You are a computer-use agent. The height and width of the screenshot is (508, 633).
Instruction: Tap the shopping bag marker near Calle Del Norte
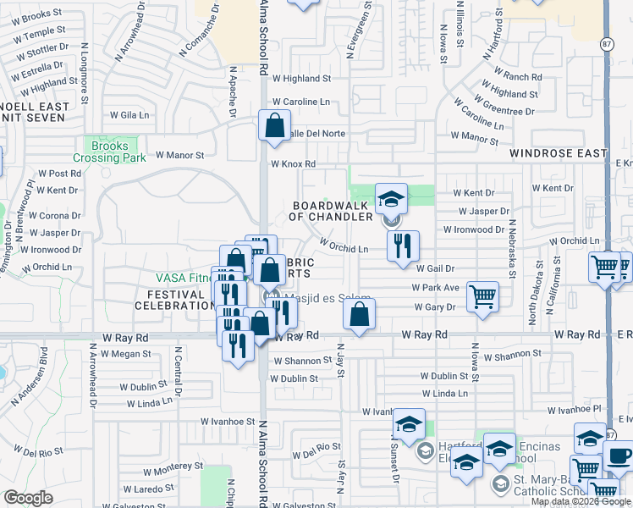coord(275,127)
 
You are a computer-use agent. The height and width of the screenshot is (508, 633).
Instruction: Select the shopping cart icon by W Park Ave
coord(482,296)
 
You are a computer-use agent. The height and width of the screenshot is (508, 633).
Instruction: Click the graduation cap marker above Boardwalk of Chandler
coord(391,199)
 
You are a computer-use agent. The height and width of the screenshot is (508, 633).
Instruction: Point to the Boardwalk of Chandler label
coord(333,211)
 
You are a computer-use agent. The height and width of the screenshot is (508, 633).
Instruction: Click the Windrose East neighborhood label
coord(559,153)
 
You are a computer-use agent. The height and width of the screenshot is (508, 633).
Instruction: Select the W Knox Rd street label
coord(293,164)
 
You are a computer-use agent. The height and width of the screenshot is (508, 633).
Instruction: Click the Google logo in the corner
coord(28,498)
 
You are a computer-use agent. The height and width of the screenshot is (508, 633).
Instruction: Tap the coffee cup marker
coord(617,456)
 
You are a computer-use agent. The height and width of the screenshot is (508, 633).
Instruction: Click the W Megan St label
coord(126,354)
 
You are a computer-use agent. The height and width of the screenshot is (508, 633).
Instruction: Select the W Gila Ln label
coord(129,113)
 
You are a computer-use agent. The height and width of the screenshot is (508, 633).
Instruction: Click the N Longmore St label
coord(85,81)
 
